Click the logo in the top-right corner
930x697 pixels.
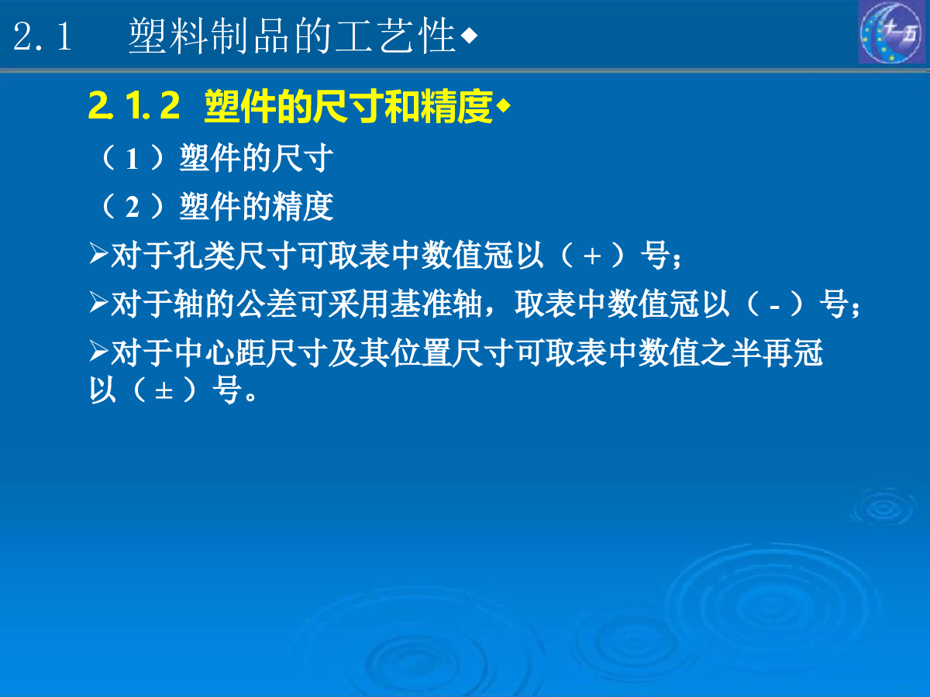pyautogui.click(x=892, y=32)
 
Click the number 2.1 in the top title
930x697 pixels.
pyautogui.click(x=43, y=36)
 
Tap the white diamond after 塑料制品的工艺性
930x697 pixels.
pyautogui.click(x=469, y=36)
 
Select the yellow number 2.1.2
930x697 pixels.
pyautogui.click(x=134, y=105)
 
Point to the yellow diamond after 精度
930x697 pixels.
pyautogui.click(x=503, y=106)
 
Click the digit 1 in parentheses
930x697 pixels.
pyautogui.click(x=133, y=160)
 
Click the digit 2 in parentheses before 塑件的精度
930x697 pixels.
pyautogui.click(x=133, y=208)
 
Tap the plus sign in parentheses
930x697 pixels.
pyautogui.click(x=592, y=256)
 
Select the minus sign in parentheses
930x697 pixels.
pyautogui.click(x=774, y=307)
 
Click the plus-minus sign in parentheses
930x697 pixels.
pyautogui.click(x=164, y=390)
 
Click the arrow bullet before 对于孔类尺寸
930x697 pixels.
pyautogui.click(x=98, y=253)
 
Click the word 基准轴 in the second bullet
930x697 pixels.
pyautogui.click(x=436, y=304)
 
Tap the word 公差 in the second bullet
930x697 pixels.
pyautogui.click(x=266, y=304)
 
